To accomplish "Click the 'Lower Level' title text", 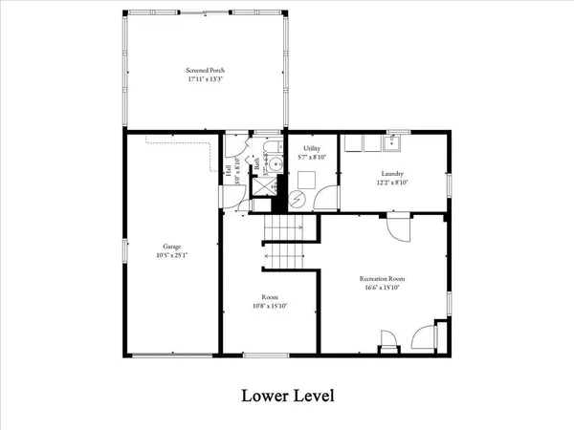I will [286, 395].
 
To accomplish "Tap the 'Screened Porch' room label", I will [204, 71].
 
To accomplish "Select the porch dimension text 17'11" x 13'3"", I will [204, 79].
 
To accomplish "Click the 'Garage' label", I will [172, 245].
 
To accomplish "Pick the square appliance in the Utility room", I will [306, 179].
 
